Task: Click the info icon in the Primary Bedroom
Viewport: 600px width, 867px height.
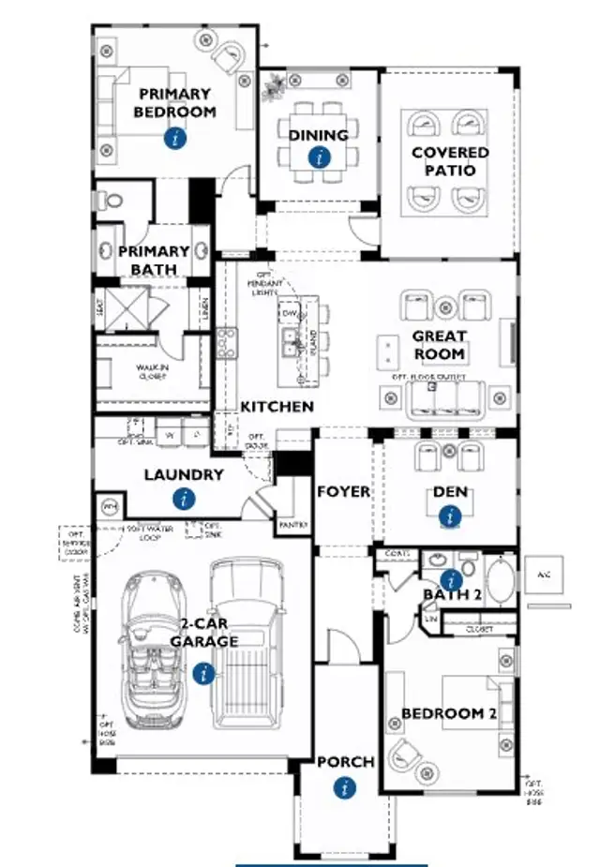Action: (174, 138)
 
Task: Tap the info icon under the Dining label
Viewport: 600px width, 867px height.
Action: (320, 157)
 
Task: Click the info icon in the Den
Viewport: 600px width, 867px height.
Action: (451, 515)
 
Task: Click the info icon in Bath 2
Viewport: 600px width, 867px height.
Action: (450, 577)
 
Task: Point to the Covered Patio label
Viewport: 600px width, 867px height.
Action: (450, 161)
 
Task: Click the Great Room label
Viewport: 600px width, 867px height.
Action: (439, 345)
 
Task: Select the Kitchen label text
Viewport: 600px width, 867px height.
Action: (277, 407)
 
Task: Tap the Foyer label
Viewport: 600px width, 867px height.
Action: (343, 491)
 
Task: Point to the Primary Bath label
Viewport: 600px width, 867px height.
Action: (154, 261)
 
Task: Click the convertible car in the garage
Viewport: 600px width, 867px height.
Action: (155, 647)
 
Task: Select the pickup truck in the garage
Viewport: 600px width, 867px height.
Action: (247, 647)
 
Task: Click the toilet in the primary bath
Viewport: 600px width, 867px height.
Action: (112, 200)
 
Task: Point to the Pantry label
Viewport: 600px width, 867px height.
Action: (292, 526)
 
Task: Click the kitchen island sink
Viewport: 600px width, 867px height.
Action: (292, 339)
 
